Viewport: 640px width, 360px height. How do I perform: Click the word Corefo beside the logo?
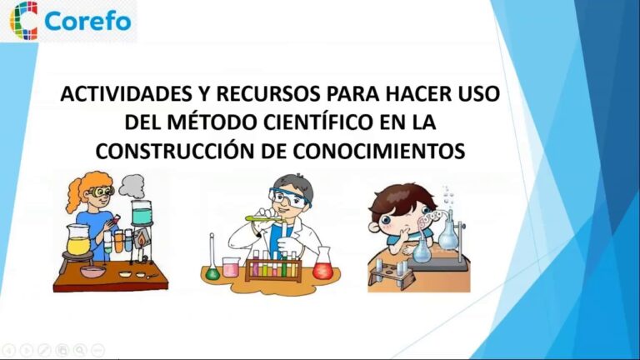coord(88,21)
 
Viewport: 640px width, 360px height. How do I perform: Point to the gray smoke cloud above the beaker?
coord(132,186)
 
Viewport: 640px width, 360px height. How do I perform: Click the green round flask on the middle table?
coord(213,272)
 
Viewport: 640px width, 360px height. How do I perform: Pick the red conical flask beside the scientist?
coord(322,266)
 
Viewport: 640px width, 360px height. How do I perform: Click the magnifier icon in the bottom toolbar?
coord(81,350)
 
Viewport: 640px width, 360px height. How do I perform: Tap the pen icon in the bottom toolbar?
coord(44,350)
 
